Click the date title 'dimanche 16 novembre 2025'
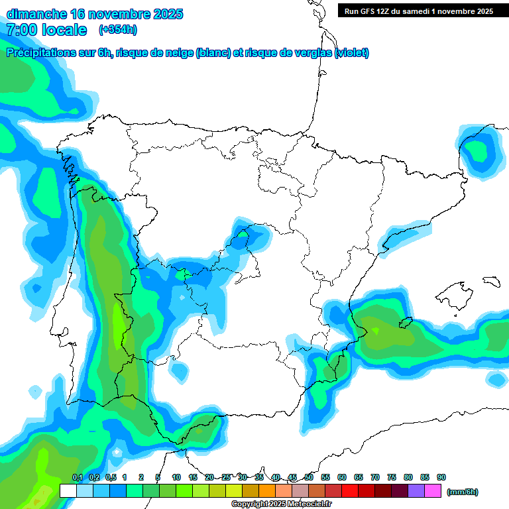[x=95, y=14]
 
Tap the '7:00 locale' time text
[x=46, y=30]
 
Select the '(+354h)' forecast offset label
[x=117, y=30]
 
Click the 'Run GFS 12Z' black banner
[x=418, y=11]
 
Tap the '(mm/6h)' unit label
[x=462, y=492]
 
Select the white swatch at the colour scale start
[x=68, y=491]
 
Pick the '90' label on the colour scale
[x=441, y=477]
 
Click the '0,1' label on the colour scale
[x=78, y=477]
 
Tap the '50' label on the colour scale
[x=309, y=477]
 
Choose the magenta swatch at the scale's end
[x=433, y=491]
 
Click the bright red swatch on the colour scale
[x=350, y=491]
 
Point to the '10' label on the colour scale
[x=176, y=477]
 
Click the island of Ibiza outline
[x=405, y=323]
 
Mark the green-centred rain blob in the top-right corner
[x=479, y=152]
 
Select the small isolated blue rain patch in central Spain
[x=250, y=235]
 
